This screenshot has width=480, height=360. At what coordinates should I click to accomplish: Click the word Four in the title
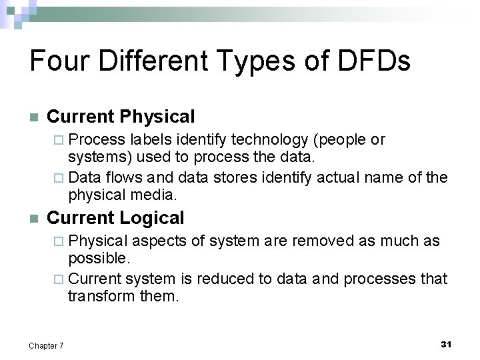click(x=59, y=61)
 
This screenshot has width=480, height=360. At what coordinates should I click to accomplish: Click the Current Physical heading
click(x=121, y=117)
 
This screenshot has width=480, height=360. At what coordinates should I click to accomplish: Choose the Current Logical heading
click(x=115, y=218)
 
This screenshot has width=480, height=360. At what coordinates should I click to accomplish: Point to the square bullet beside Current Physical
click(x=34, y=118)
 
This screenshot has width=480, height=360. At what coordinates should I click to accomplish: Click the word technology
click(x=264, y=140)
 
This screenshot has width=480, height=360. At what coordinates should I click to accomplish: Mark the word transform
click(x=95, y=296)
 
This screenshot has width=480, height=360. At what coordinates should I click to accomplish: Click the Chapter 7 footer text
click(x=46, y=345)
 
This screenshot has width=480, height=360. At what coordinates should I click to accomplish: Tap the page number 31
click(x=446, y=344)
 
